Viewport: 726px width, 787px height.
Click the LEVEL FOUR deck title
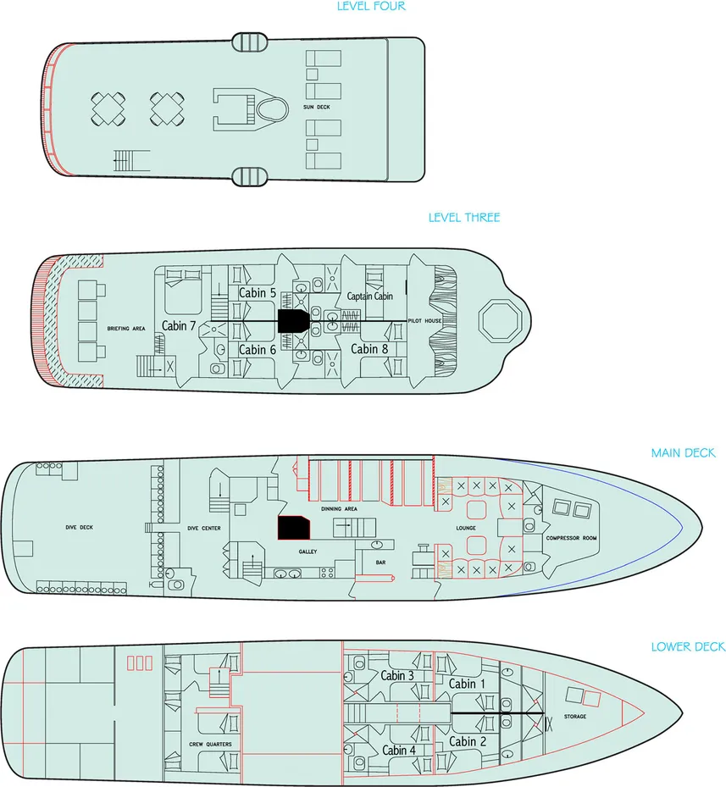pos(371,7)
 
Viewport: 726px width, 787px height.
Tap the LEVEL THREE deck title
pos(463,218)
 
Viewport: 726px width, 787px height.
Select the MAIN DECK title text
pos(683,453)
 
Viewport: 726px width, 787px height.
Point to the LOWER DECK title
pos(688,647)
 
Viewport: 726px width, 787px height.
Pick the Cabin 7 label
pos(180,326)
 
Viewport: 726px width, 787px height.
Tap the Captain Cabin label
pos(370,297)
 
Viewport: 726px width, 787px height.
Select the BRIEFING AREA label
pos(125,328)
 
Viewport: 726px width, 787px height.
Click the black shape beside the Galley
pos(293,527)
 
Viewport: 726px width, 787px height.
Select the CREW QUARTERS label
pos(211,745)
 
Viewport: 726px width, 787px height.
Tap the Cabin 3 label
pos(397,675)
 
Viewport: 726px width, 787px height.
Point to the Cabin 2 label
pos(463,741)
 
